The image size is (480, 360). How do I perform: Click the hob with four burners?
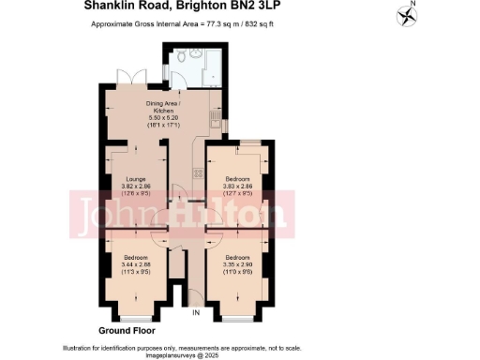pyautogui.click(x=198, y=172)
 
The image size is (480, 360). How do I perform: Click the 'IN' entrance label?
pyautogui.click(x=195, y=311)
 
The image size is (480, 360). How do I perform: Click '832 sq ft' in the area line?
pyautogui.click(x=265, y=23)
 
